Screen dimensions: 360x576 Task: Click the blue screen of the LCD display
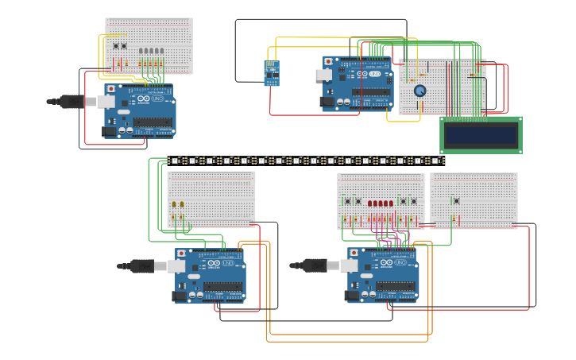click(481, 135)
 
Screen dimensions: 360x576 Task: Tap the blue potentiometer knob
click(419, 91)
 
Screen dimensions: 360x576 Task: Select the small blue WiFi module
click(272, 72)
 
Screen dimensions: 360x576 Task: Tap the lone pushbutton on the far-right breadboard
click(456, 200)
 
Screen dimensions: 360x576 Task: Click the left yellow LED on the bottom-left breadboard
click(174, 204)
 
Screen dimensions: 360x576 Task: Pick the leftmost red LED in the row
click(370, 203)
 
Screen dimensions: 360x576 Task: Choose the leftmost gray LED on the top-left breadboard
click(141, 51)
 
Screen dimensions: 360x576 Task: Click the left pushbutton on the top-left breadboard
click(116, 46)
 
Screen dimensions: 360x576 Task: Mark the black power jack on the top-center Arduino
click(326, 102)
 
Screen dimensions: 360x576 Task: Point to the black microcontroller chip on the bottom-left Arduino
click(222, 287)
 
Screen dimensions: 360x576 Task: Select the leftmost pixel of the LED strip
click(175, 161)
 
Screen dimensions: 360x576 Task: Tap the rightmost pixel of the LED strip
click(439, 161)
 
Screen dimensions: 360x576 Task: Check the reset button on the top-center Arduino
click(329, 61)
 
